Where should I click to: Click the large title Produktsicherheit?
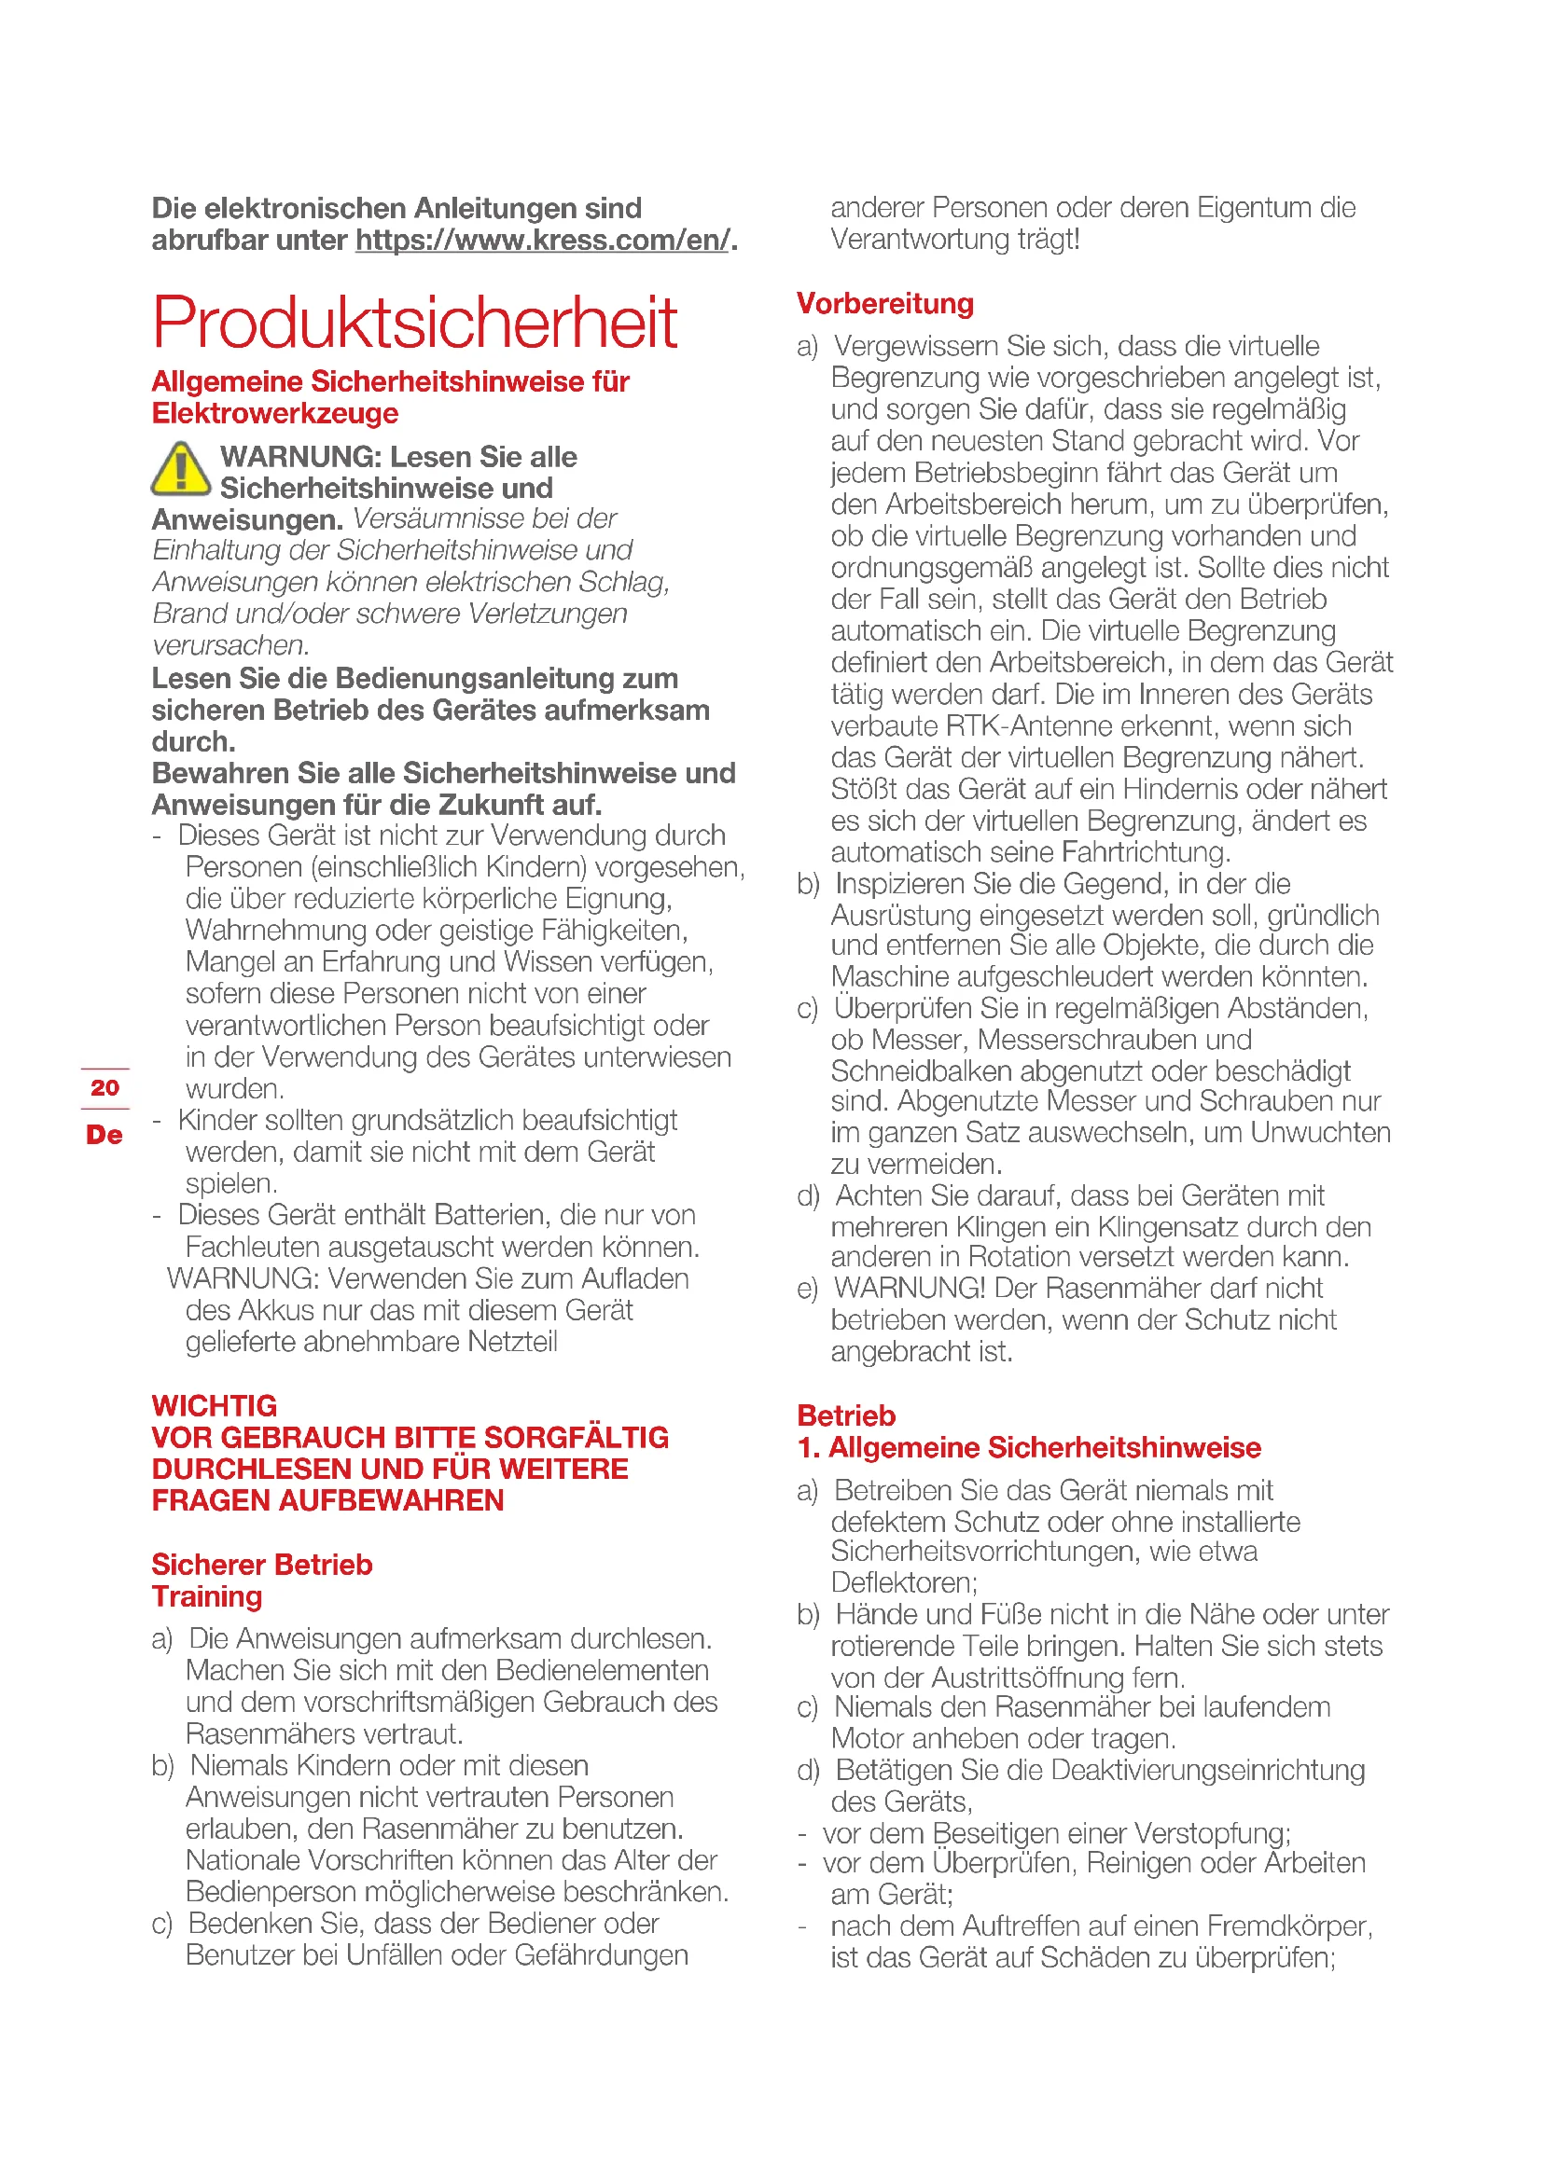click(414, 323)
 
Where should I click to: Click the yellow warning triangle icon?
click(181, 469)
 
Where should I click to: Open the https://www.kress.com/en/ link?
click(543, 241)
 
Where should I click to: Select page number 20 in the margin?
click(104, 1087)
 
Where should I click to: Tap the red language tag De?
click(104, 1134)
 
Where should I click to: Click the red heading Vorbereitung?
click(884, 304)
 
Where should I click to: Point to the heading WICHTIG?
click(215, 1406)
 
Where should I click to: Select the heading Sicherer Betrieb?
click(262, 1565)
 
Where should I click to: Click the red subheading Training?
click(207, 1596)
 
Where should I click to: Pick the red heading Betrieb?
click(845, 1416)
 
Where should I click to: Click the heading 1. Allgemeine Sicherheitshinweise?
click(1029, 1448)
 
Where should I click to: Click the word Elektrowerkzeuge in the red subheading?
click(275, 414)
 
